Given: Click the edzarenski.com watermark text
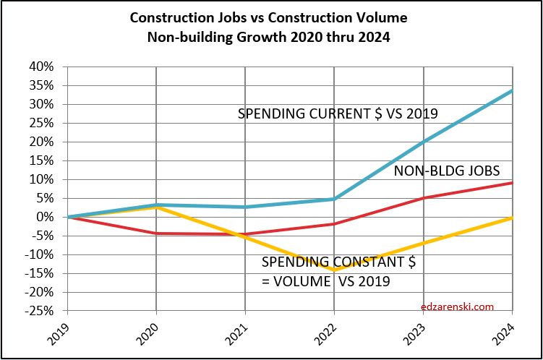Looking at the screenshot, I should [457, 307].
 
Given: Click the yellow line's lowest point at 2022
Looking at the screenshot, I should [335, 270].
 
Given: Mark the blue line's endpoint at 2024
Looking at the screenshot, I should [513, 90].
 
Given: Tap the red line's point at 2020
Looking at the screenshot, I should [156, 233].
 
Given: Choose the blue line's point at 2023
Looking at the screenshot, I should [424, 141].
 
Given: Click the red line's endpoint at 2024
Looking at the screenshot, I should [513, 182].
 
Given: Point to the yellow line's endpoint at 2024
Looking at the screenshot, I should [513, 218].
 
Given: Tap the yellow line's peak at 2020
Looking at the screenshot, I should [156, 207].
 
